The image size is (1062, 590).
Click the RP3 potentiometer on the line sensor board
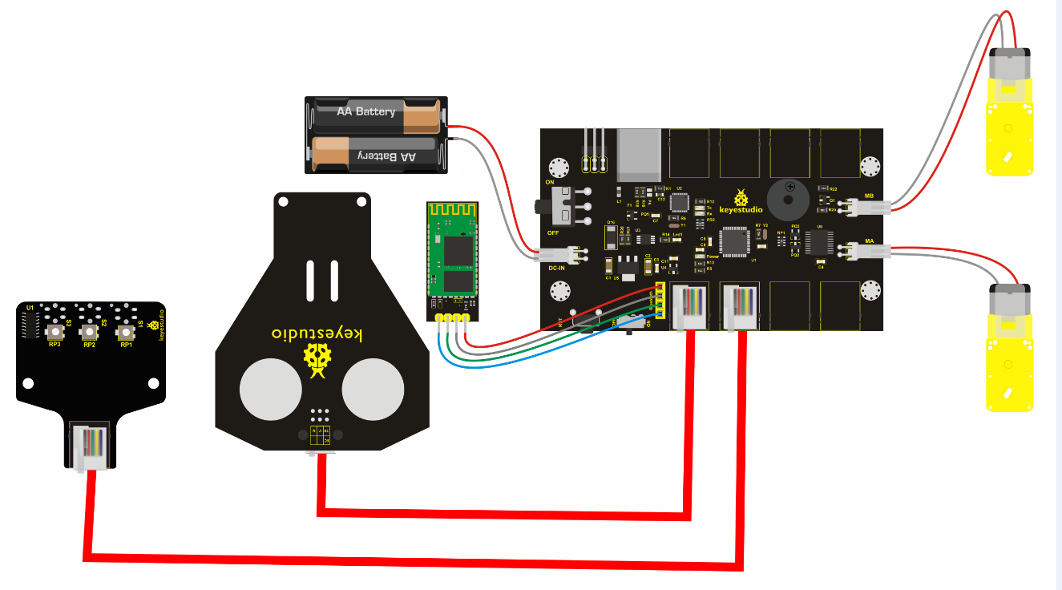pyautogui.click(x=55, y=333)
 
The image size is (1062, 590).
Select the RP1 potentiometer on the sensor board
pyautogui.click(x=125, y=333)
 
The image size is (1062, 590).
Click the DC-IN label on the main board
pyautogui.click(x=559, y=269)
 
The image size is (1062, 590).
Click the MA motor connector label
pyautogui.click(x=869, y=240)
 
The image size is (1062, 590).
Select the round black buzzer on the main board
pyautogui.click(x=788, y=198)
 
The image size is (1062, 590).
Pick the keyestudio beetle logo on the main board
pyautogui.click(x=742, y=199)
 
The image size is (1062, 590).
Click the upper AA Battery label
pyautogui.click(x=366, y=111)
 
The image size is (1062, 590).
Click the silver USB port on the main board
pyautogui.click(x=640, y=153)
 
